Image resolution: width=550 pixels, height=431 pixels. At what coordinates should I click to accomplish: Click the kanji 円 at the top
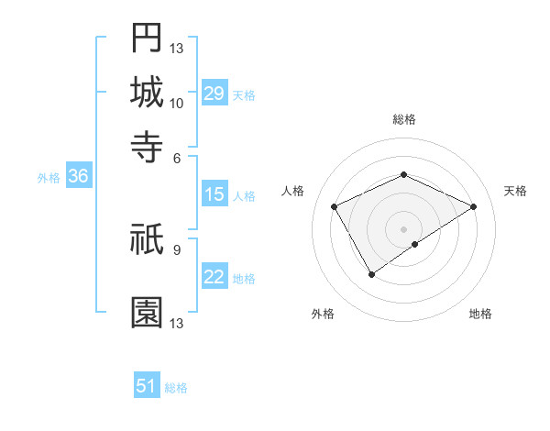point(147,39)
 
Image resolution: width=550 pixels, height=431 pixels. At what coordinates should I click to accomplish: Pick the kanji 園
point(147,313)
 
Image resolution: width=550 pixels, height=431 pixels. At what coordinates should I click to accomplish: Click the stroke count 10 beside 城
point(177,103)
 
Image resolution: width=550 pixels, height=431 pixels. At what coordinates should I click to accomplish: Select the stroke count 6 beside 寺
point(177,157)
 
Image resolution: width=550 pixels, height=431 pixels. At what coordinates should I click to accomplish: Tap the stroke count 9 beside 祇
point(177,249)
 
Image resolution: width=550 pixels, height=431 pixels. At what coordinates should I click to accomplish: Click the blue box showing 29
point(214,94)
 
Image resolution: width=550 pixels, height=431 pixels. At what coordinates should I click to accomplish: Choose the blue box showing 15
point(214,194)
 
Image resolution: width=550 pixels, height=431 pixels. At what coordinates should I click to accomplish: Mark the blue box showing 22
point(214,277)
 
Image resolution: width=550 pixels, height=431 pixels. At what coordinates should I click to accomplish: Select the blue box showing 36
point(78,177)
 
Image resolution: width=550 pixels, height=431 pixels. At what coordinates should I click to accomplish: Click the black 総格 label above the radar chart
point(403,119)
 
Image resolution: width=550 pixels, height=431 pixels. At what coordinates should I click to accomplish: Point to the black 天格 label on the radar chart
point(515,191)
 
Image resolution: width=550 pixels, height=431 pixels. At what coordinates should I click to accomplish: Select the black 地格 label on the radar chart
point(480,314)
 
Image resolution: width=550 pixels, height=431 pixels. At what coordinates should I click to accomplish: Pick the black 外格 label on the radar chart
point(323,314)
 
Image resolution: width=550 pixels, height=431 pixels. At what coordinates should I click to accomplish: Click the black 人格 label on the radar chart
point(293,191)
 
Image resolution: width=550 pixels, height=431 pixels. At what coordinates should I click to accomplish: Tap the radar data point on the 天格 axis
point(473,207)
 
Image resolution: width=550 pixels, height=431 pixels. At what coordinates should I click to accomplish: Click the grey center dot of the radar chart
point(403,228)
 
